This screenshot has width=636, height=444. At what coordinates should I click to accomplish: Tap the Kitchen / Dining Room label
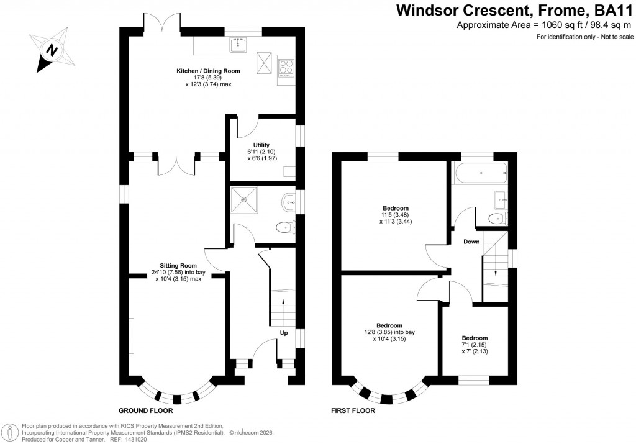(208, 71)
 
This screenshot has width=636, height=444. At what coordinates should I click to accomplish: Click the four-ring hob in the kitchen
(286, 66)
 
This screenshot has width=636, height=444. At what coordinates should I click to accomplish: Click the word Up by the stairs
(284, 332)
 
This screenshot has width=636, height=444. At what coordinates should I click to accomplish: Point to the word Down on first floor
(471, 242)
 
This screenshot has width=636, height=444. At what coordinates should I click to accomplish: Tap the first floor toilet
(497, 217)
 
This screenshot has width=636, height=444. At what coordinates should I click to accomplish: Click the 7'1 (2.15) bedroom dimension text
(474, 345)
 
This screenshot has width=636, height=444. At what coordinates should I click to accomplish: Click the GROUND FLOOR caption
(145, 411)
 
